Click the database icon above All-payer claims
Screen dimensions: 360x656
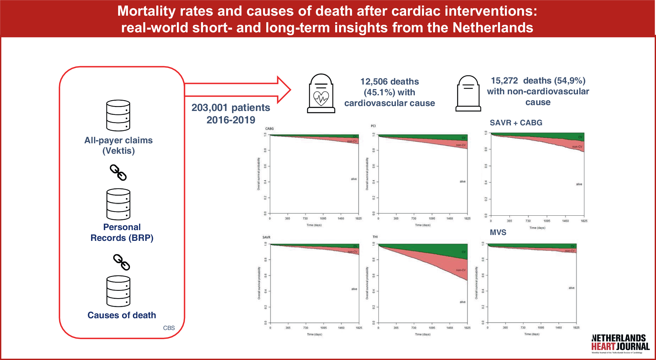118,116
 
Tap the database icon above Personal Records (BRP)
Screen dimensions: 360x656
118,204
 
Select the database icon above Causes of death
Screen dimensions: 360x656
118,291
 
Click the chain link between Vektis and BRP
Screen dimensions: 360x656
118,172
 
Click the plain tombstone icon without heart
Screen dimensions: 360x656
468,94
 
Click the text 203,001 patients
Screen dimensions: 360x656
230,108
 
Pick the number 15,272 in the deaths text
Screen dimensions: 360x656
504,81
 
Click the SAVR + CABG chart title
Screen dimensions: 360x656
516,123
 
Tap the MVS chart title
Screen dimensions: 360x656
498,232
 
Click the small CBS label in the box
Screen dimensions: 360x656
169,328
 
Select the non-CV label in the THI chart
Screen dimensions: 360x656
461,270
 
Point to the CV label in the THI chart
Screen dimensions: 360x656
463,252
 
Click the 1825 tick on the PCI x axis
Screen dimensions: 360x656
467,219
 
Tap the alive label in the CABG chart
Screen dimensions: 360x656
354,179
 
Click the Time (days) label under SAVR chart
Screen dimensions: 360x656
314,334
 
